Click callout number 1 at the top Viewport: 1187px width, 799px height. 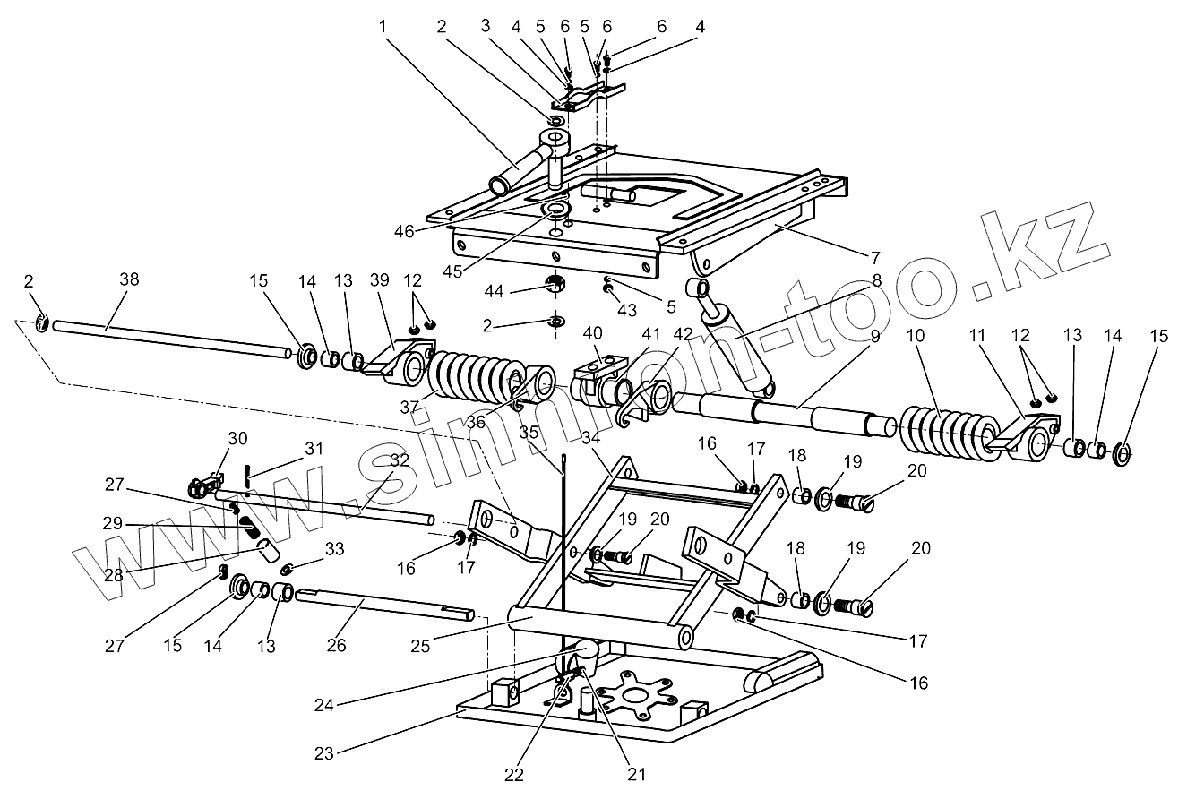pyautogui.click(x=383, y=27)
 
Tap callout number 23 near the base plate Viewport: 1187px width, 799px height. pyautogui.click(x=324, y=754)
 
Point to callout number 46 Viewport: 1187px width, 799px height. pyautogui.click(x=404, y=231)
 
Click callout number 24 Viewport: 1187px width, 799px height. pyautogui.click(x=324, y=706)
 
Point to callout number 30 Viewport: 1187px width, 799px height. pyautogui.click(x=237, y=438)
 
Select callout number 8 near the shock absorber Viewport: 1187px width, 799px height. pyautogui.click(x=877, y=280)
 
